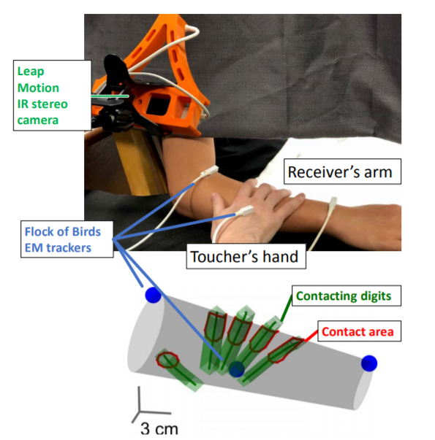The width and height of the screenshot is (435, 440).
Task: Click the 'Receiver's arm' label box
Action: (342, 171)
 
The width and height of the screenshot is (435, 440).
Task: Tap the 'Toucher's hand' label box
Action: (246, 256)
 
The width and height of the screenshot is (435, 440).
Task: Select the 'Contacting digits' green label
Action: (347, 296)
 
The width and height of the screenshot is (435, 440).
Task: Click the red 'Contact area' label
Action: (360, 331)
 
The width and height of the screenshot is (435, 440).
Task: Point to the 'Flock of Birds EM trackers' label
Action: (67, 239)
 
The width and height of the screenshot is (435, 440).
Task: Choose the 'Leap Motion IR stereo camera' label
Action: (52, 96)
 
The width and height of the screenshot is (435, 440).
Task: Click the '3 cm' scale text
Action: (159, 428)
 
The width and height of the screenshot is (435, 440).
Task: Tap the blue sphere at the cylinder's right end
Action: (369, 363)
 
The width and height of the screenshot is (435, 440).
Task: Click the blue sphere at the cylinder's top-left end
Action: (153, 295)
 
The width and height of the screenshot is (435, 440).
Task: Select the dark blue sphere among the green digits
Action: (236, 369)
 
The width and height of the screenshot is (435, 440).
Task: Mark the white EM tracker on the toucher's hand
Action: (244, 211)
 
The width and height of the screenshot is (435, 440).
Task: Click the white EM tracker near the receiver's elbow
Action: (209, 171)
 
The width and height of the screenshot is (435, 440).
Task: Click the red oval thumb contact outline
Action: (167, 360)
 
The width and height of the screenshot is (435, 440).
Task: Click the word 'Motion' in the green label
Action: (38, 88)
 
